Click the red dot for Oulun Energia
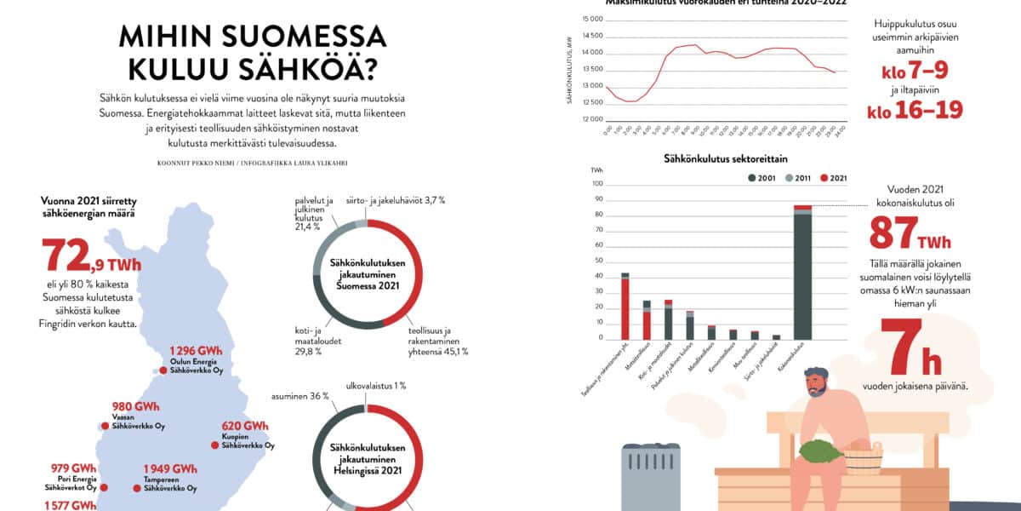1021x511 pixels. click(x=163, y=370)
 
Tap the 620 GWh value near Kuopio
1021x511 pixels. click(x=244, y=427)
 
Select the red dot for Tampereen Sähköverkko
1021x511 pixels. click(x=136, y=488)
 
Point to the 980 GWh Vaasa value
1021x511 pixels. click(x=136, y=406)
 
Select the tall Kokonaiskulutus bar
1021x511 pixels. click(x=802, y=273)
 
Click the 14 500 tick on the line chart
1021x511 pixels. click(x=590, y=36)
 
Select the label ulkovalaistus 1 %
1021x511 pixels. click(x=375, y=386)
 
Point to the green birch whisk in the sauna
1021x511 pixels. click(x=820, y=448)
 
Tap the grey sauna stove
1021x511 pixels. click(x=653, y=477)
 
